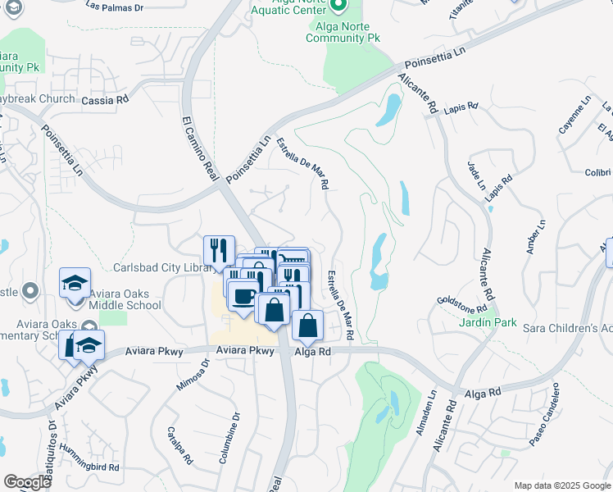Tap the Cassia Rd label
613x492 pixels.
tap(106, 99)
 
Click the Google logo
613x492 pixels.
tap(27, 482)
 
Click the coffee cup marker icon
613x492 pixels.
tap(243, 297)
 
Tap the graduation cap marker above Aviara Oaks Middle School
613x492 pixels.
tap(75, 284)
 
